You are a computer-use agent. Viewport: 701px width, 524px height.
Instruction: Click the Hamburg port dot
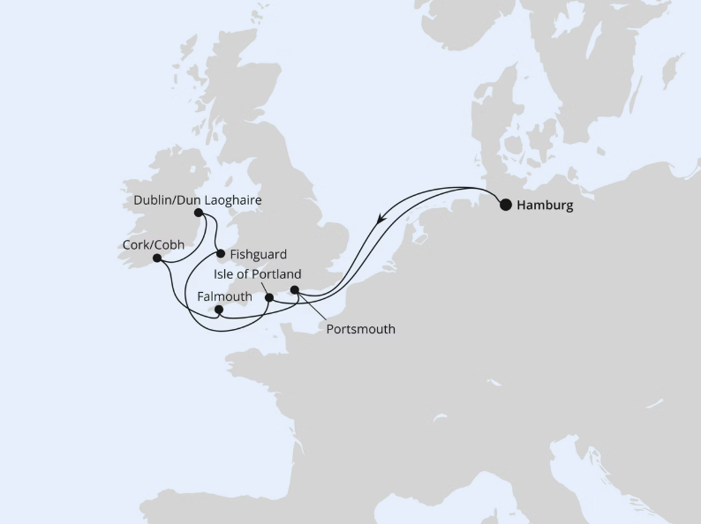point(505,205)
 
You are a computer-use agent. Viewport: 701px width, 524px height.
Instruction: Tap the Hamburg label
point(544,206)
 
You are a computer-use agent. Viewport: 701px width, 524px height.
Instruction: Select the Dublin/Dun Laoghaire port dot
point(199,213)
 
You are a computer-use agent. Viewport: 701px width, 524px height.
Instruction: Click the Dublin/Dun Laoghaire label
point(198,200)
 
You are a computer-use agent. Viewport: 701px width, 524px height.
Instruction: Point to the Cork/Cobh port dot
point(156,258)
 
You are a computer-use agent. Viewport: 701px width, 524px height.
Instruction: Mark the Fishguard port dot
point(220,254)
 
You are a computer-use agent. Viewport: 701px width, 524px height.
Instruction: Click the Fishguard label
point(258,254)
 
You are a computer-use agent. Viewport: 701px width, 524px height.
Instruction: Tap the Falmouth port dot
point(219,310)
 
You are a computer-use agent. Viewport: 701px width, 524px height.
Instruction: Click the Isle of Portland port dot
point(269,297)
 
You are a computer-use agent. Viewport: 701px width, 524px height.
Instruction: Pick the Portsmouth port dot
point(295,288)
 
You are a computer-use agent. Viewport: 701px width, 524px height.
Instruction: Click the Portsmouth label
point(359,330)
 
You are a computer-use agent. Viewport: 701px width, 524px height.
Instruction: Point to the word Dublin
point(153,200)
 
